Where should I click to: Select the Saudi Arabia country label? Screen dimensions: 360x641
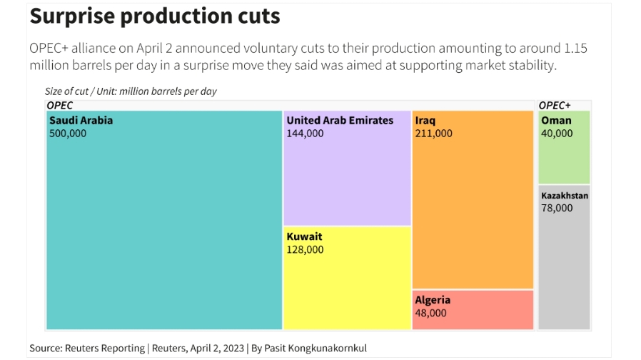tap(81, 120)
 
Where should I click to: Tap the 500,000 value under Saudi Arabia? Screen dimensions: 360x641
tap(68, 133)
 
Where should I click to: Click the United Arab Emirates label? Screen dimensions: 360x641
tap(340, 120)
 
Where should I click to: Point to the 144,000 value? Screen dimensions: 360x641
tap(305, 133)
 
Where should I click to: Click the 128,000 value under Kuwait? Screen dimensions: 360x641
tap(305, 249)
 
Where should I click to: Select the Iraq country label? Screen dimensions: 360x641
tap(425, 120)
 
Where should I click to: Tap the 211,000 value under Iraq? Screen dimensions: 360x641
tap(433, 133)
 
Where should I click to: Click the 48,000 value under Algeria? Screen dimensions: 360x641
tap(430, 313)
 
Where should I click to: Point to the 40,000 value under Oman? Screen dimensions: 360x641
tap(557, 133)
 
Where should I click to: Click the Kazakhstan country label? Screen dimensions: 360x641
tap(565, 195)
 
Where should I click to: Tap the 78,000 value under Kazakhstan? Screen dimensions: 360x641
tap(557, 208)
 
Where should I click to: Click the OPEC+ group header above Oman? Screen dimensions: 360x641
tap(555, 105)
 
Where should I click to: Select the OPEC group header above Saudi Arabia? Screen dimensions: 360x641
tap(60, 105)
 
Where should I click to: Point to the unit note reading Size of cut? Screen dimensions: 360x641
tap(131, 91)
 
